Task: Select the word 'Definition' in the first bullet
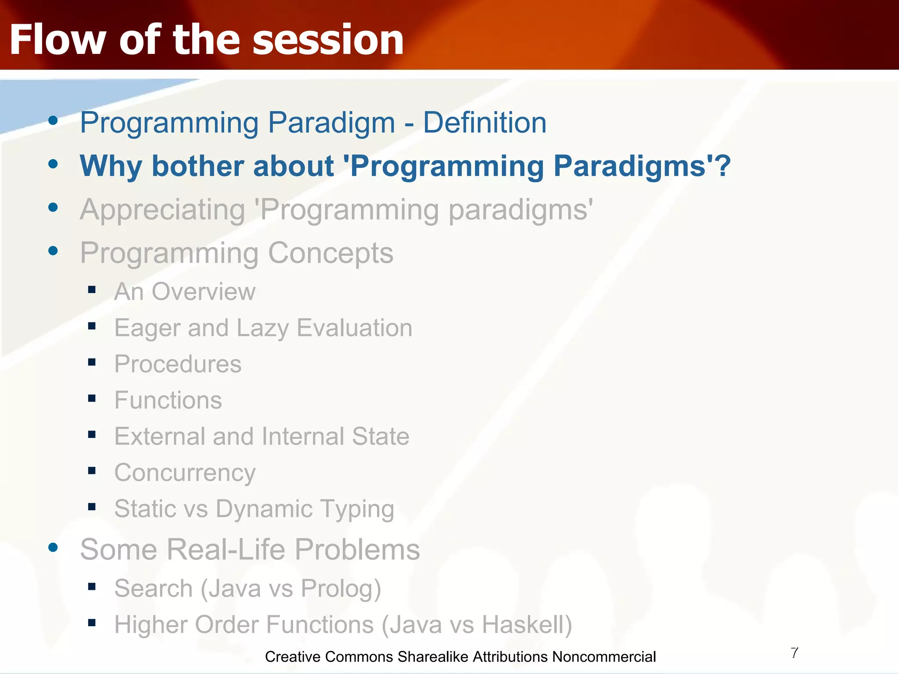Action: coord(485,122)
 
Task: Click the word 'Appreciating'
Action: coord(162,210)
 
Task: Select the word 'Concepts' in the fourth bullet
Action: coord(331,253)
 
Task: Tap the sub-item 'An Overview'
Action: coord(185,292)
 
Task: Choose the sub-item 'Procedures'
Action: coord(178,364)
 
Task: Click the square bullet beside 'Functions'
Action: coord(92,398)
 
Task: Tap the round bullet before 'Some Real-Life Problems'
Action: coord(53,547)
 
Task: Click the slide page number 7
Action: coord(795,653)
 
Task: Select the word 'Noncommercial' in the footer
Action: coord(604,657)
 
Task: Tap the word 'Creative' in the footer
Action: coord(293,657)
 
